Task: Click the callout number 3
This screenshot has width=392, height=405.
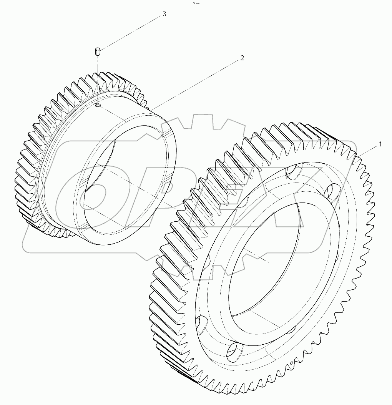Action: pyautogui.click(x=164, y=14)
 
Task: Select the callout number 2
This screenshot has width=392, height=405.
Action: pyautogui.click(x=242, y=58)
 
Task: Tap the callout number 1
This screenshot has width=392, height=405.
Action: pyautogui.click(x=380, y=144)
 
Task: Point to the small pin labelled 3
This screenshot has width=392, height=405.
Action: pyautogui.click(x=98, y=51)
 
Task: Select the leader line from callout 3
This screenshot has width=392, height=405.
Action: pyautogui.click(x=131, y=32)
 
